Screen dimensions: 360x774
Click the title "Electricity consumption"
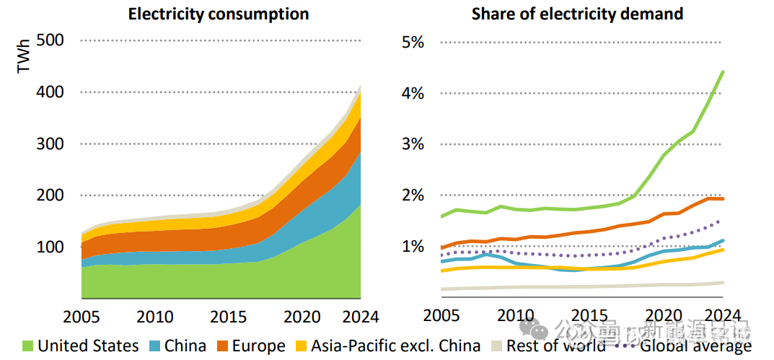tap(219, 14)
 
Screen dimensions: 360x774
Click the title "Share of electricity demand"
tap(577, 14)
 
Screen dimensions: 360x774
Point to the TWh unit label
tap(25, 55)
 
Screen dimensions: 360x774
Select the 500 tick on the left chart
tap(50, 40)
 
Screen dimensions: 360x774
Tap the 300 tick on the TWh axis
tap(50, 144)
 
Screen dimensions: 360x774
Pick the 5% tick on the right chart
tap(413, 41)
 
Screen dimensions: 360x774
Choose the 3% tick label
tap(413, 144)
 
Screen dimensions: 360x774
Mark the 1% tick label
tap(413, 247)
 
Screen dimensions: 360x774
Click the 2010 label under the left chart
tap(155, 317)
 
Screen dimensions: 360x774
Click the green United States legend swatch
tap(28, 346)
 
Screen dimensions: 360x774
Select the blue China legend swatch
tap(154, 346)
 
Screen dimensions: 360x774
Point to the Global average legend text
tap(695, 346)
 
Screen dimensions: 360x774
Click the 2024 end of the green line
tap(723, 71)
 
